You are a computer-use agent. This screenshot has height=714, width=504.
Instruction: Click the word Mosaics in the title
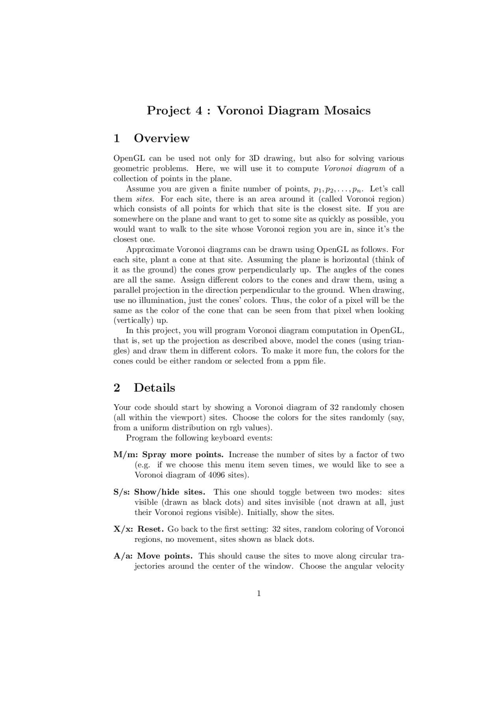coord(347,110)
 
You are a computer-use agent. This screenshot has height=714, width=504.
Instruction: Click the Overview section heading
coord(161,138)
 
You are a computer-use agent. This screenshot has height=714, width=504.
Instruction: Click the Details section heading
coord(154,388)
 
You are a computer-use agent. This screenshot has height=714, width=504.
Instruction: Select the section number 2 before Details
coord(117,388)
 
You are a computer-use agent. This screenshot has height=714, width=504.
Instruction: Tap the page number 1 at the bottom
coord(259,593)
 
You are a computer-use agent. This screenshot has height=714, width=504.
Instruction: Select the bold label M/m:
coord(126,455)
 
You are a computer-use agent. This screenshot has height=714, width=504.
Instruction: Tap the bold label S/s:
coord(122,492)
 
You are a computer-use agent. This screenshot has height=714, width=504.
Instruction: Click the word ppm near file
coord(301,362)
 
